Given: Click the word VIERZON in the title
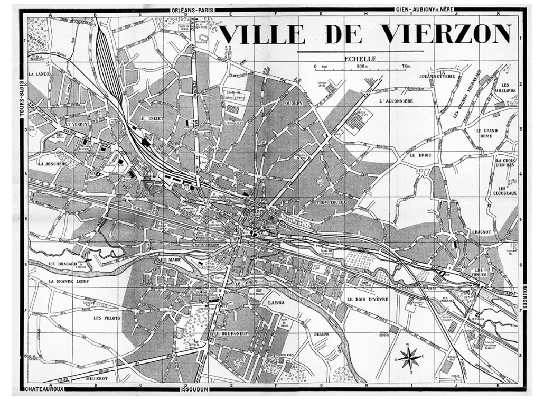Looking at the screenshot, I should click(x=446, y=34).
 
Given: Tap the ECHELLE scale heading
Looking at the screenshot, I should click(x=360, y=59).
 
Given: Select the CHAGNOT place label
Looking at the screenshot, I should click(x=481, y=231).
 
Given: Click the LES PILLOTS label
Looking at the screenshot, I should click(x=107, y=318).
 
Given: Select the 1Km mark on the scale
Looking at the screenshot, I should click(x=406, y=66).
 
